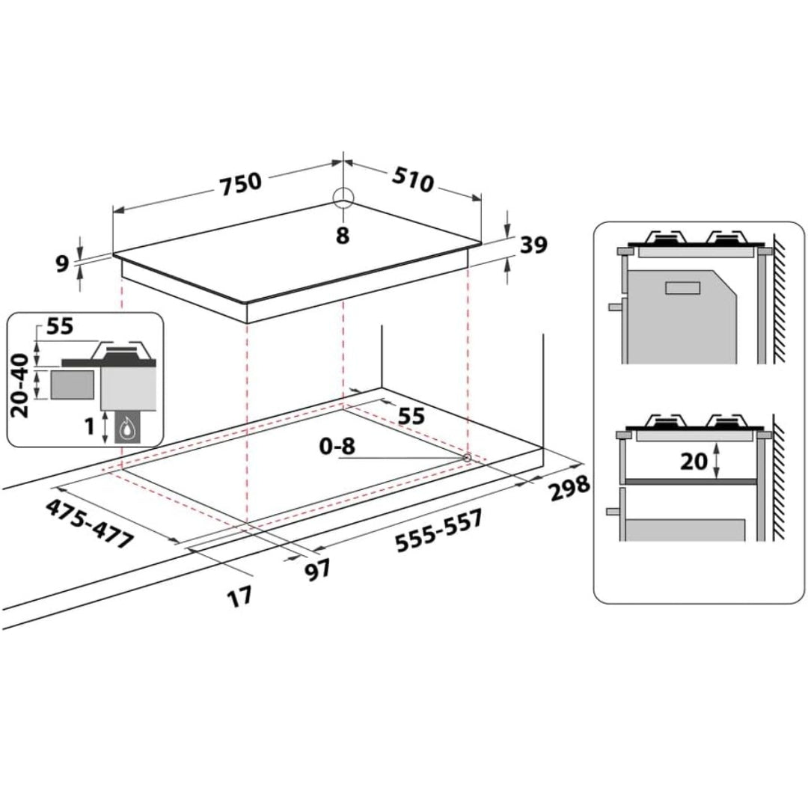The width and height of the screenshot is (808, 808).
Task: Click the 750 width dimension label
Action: tap(241, 184)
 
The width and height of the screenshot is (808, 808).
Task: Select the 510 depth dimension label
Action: tap(413, 180)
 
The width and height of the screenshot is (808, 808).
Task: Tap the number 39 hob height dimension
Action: tap(533, 245)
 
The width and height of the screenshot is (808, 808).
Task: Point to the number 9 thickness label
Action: tap(62, 264)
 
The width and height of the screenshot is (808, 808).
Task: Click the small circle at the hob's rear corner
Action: tap(343, 197)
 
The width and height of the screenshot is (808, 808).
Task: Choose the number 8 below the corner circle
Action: tap(343, 235)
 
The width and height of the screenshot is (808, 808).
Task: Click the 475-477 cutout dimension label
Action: tap(90, 524)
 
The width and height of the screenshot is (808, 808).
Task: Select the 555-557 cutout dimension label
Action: tap(439, 530)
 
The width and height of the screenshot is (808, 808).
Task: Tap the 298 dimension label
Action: tap(569, 488)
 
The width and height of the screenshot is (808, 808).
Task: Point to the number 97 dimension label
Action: tap(316, 570)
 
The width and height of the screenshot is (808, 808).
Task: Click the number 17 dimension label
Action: tap(240, 597)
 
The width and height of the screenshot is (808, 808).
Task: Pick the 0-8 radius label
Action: tap(337, 446)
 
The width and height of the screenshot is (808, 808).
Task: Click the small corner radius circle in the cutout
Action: tap(468, 457)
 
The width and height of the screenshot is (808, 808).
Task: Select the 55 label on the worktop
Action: tap(411, 416)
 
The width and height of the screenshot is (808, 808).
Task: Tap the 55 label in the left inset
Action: tap(61, 326)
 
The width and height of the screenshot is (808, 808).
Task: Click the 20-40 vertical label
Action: tap(20, 385)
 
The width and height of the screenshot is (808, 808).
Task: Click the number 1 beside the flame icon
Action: tap(90, 426)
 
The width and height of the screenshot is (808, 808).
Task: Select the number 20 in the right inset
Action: tap(694, 460)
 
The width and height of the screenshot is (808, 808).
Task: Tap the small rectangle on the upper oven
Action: tap(683, 287)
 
